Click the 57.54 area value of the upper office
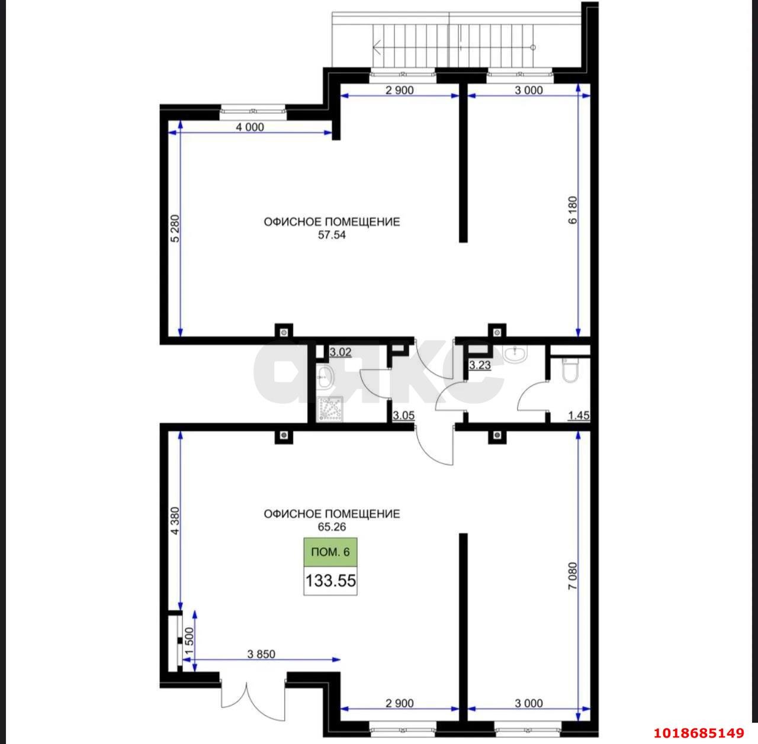click(x=332, y=235)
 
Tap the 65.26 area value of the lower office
click(x=332, y=527)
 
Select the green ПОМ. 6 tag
click(x=330, y=552)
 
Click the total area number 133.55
click(x=330, y=581)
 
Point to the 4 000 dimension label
click(x=250, y=127)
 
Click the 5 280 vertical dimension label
click(x=175, y=228)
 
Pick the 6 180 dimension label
click(x=573, y=210)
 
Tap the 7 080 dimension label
click(x=573, y=576)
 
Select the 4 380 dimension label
click(x=175, y=521)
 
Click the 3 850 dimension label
click(x=261, y=654)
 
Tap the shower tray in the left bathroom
click(x=330, y=410)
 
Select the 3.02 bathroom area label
click(x=341, y=352)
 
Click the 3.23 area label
click(x=480, y=365)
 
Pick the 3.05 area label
click(x=404, y=416)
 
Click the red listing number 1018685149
click(x=699, y=733)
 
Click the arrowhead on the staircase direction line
click(x=377, y=47)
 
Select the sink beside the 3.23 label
click(x=515, y=354)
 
